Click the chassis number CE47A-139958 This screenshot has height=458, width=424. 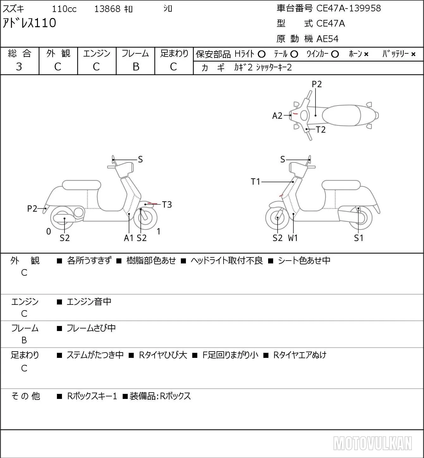coord(348,8)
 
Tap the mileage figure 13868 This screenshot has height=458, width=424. coord(107,9)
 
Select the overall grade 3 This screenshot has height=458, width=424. coord(19,67)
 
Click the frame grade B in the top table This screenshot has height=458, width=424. coord(136,67)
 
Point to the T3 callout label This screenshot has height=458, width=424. coord(167,205)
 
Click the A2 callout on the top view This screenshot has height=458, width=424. coord(277,116)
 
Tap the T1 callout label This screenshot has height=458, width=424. coord(255,182)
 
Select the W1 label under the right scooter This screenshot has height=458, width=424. coord(293,238)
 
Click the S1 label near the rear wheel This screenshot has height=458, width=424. coord(359,238)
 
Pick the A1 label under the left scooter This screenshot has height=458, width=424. coord(129,238)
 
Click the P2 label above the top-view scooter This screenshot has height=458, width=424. coord(316,84)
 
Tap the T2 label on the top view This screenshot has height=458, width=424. coord(321,130)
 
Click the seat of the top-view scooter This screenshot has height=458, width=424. coord(341,116)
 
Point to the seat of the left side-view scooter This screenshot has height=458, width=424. coord(82,185)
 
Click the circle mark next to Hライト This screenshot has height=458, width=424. coord(261,54)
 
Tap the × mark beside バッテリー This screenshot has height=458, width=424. coord(413,54)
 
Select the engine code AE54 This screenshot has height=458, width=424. coord(328,39)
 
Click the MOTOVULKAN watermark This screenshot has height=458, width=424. coord(372,443)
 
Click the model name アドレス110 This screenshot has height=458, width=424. coord(29,23)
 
